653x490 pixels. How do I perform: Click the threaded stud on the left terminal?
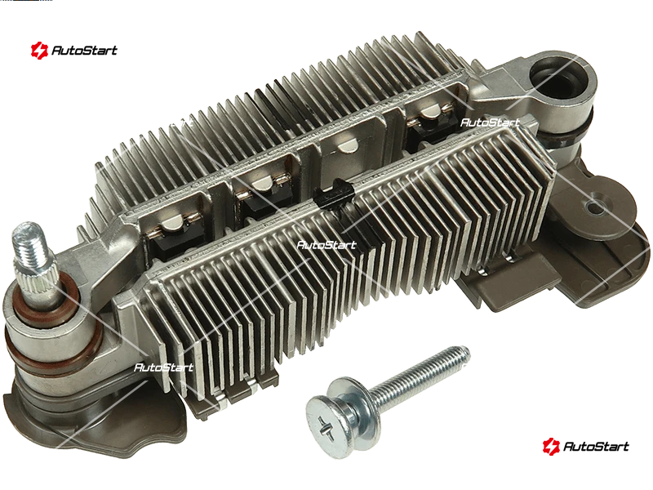click(29, 245)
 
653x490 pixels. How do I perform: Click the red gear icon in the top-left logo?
click(39, 51)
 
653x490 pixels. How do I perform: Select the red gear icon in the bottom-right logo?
click(550, 446)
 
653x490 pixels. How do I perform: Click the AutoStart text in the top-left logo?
click(84, 51)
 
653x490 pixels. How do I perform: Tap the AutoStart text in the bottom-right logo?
click(596, 446)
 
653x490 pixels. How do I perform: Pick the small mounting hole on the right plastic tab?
click(595, 206)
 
